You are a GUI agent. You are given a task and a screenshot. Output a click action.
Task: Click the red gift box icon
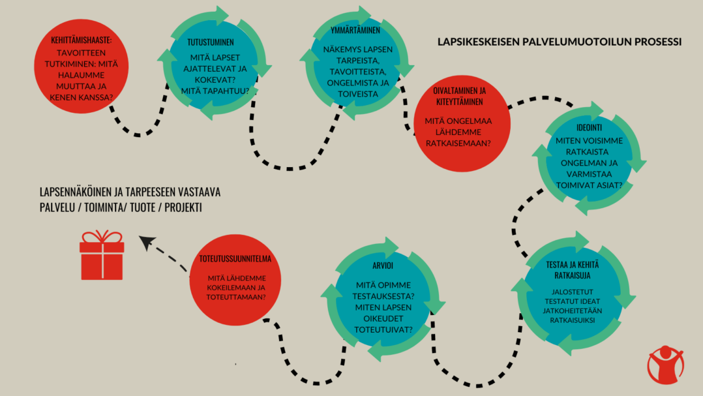tap(102, 255)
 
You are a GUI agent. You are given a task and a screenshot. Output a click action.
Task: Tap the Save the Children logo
tap(666, 365)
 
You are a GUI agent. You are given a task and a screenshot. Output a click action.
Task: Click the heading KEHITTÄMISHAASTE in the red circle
tap(81, 40)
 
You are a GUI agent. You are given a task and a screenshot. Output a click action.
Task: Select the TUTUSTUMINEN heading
tap(210, 42)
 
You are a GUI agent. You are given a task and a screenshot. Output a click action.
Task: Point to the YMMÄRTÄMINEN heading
tap(355, 31)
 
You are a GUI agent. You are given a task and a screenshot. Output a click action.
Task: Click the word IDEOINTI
tap(589, 128)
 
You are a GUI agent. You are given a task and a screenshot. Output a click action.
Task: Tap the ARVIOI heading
tap(383, 266)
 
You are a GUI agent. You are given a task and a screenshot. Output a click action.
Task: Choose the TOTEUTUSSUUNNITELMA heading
tap(235, 259)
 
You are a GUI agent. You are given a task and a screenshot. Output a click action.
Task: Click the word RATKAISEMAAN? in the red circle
tap(458, 144)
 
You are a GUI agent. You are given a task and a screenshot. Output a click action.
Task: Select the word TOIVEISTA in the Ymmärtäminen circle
tap(358, 94)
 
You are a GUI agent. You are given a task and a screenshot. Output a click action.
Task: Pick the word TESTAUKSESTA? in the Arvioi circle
tap(383, 296)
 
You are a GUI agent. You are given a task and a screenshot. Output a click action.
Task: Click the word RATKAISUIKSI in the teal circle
tap(573, 320)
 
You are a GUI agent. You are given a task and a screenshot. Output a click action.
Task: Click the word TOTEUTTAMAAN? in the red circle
tap(236, 297)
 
